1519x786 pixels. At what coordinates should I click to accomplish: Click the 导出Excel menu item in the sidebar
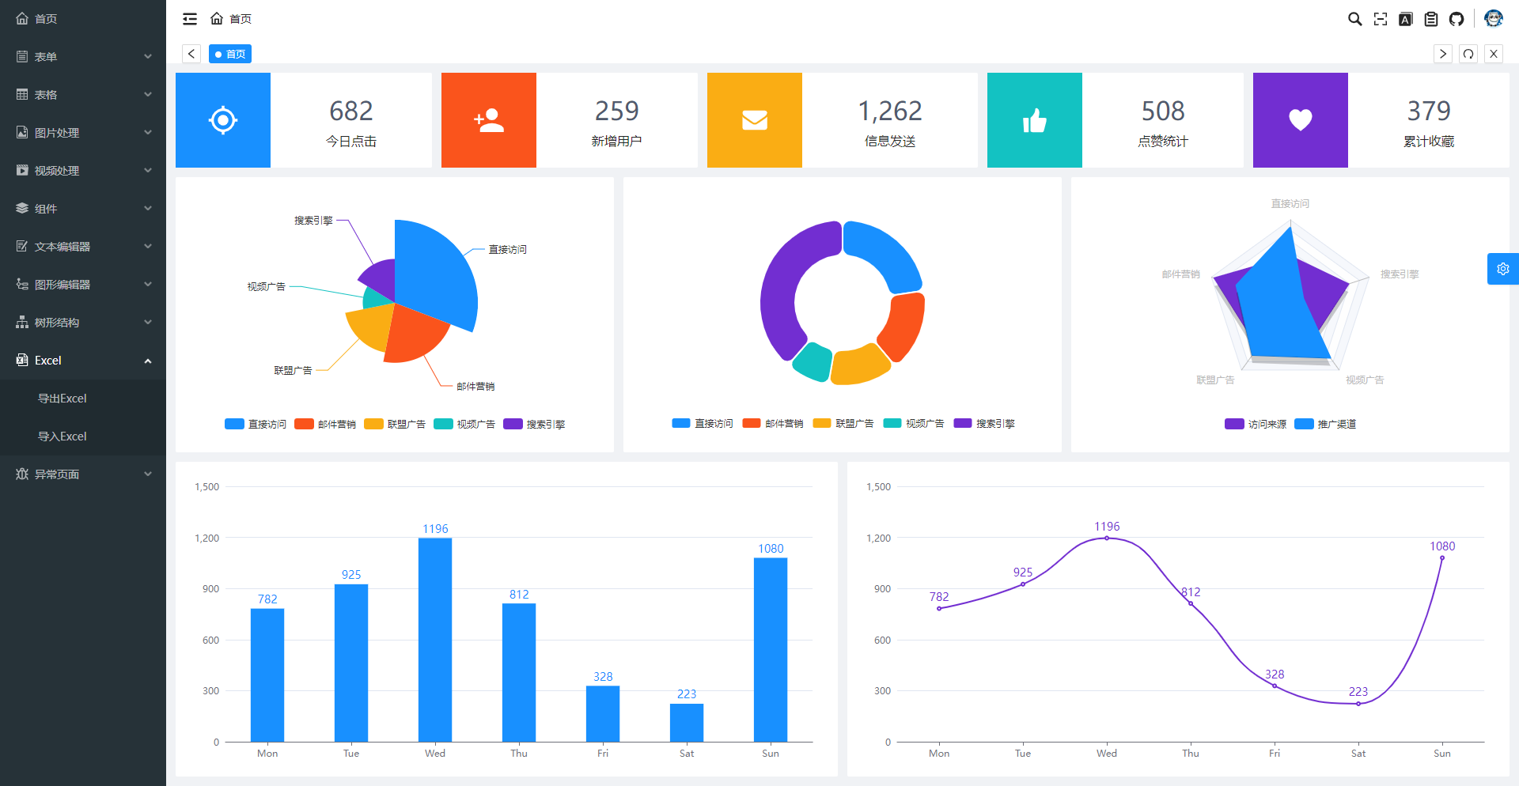coord(63,399)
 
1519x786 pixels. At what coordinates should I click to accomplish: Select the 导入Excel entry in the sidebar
coord(63,436)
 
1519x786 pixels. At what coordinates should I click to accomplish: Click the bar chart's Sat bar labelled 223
coord(687,722)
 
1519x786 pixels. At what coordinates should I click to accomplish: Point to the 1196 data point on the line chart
coord(1107,538)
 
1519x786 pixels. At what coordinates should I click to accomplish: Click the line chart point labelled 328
coord(1275,686)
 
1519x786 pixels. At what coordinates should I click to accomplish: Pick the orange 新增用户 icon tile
coord(489,120)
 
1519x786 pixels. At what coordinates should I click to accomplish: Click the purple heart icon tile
coord(1301,120)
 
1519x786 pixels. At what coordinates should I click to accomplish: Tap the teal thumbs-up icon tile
coord(1035,120)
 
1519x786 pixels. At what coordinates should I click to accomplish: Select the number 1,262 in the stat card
coord(890,111)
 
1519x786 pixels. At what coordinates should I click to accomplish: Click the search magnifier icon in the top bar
coord(1355,19)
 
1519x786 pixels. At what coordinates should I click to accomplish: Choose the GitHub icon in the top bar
coord(1456,19)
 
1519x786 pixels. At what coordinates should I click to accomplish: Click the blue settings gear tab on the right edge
coord(1503,269)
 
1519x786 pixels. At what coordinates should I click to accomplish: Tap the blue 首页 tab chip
coord(230,54)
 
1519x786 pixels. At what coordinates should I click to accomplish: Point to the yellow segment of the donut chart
coord(860,365)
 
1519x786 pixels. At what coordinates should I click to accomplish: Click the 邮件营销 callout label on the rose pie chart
coord(475,387)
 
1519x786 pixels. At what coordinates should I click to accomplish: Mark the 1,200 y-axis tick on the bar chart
coord(207,538)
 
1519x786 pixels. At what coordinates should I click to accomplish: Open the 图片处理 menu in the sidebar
coord(57,133)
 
